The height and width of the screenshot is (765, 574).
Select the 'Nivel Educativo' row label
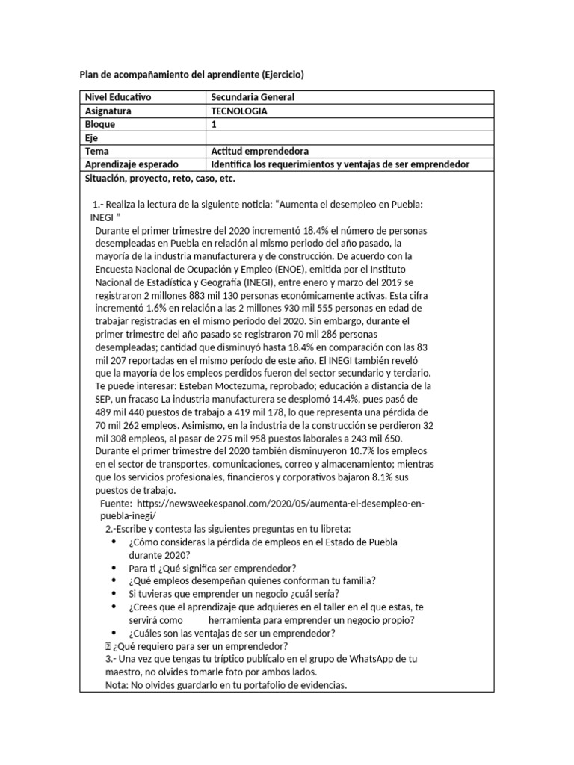coord(119,97)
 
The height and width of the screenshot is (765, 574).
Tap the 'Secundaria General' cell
coord(253,97)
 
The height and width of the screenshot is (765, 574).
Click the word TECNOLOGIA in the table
coord(238,111)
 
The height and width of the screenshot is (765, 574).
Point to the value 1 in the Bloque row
coord(215,124)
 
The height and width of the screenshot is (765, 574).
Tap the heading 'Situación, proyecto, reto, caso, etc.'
coord(160,179)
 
